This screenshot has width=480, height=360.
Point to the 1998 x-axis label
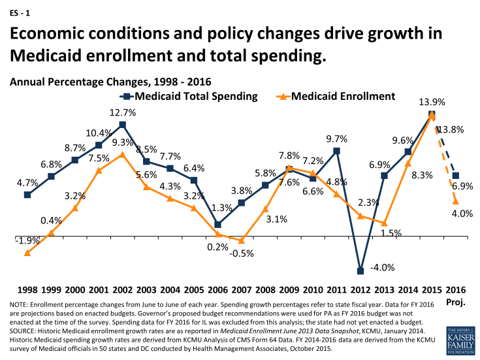click(27, 289)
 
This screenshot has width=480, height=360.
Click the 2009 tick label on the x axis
click(289, 289)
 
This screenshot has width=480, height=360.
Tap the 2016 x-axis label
click(456, 289)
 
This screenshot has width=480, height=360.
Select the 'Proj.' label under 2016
click(456, 303)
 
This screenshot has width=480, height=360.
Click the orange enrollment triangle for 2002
click(122, 154)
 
